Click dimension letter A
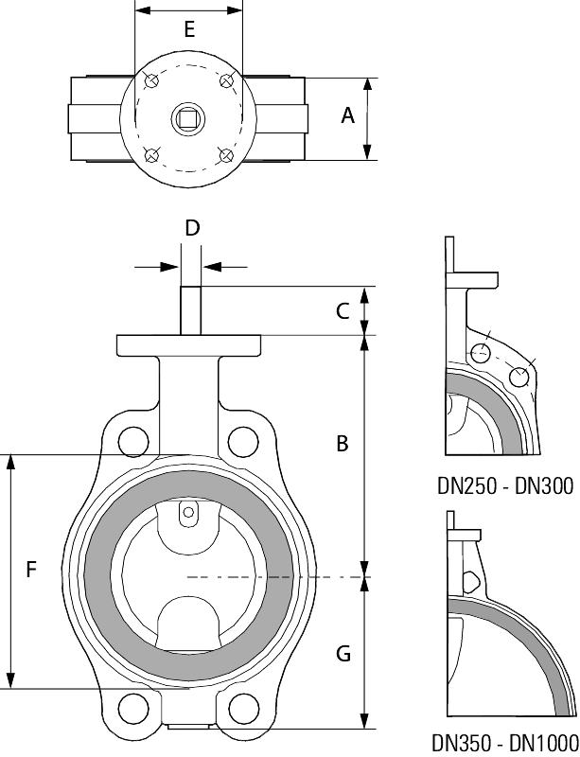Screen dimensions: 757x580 coord(347,115)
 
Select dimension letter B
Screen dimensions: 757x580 coord(343,443)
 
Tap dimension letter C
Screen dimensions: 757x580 coord(343,310)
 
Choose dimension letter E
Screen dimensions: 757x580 coord(189,29)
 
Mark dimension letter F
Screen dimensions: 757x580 coord(31,569)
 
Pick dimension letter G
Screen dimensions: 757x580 coord(343,653)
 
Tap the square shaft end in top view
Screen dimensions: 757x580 coord(188,118)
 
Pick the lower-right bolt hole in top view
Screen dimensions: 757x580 coord(225,154)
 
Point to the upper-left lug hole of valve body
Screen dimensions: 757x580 coord(133,440)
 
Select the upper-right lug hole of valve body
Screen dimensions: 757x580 coord(243,440)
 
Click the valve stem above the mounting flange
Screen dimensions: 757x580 coord(189,309)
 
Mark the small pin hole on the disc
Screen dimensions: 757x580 coord(188,514)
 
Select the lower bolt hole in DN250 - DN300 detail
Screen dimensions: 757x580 coord(518,377)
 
